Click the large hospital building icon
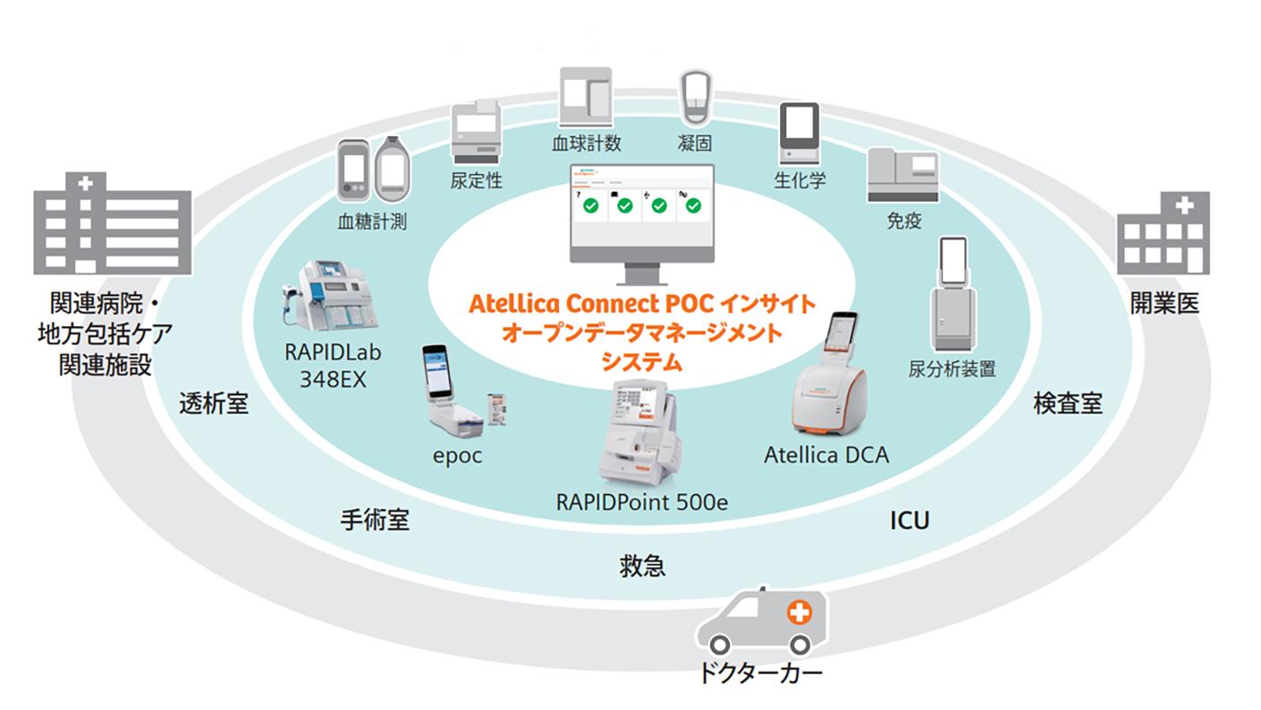point(112,223)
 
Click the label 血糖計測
point(371,221)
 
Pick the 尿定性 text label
point(476,180)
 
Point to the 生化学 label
point(799,179)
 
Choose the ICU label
point(909,520)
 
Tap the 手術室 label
point(375,520)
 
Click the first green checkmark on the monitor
point(591,206)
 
